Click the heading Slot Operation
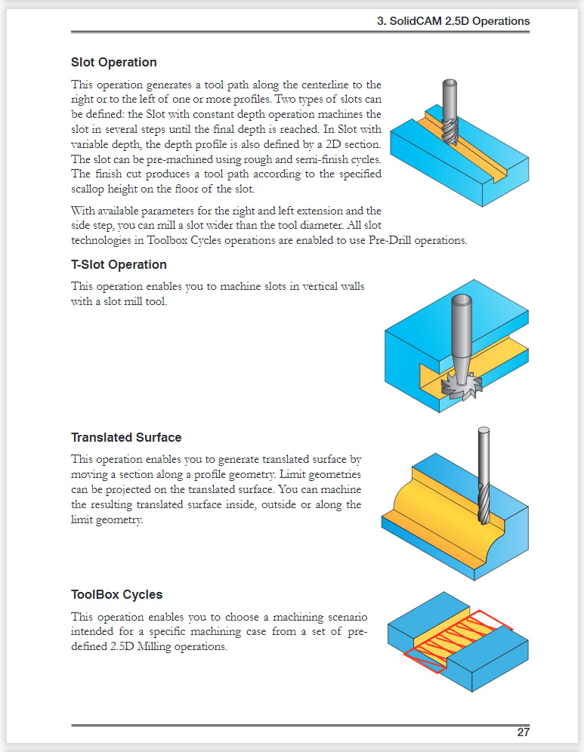pyautogui.click(x=113, y=62)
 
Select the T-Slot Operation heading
pyautogui.click(x=119, y=264)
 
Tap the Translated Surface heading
pyautogui.click(x=126, y=437)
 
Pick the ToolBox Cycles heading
pyautogui.click(x=116, y=594)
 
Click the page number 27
pyautogui.click(x=523, y=732)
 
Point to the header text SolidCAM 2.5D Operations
pyautogui.click(x=453, y=21)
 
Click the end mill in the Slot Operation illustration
pyautogui.click(x=450, y=113)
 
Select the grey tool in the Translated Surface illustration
pyautogui.click(x=483, y=476)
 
